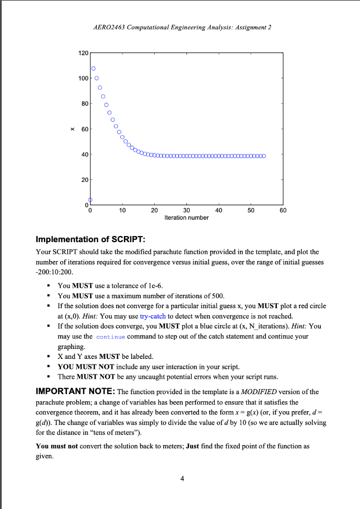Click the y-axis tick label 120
coord(83,53)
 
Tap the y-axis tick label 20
coord(84,179)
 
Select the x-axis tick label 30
coord(186,210)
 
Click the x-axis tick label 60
coord(283,210)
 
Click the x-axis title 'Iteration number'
coord(186,218)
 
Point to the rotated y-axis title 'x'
coord(73,129)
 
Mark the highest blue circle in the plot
coord(93,68)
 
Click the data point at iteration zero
coord(90,200)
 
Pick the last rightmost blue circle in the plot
coord(264,156)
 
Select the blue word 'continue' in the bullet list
coord(110,337)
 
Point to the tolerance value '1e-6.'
coord(153,285)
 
